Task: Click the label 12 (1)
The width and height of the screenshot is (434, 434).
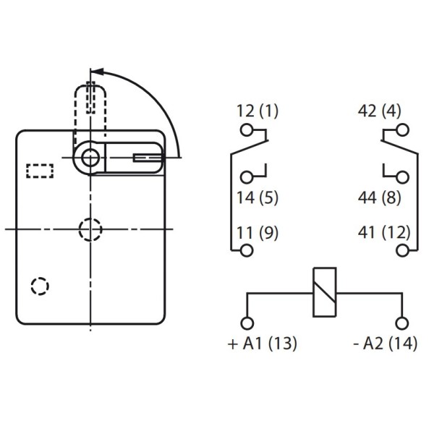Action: tap(258, 111)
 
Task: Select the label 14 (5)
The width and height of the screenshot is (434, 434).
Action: tap(258, 197)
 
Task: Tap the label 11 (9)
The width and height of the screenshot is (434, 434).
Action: tap(258, 233)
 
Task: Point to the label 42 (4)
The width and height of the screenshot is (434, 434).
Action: tap(379, 111)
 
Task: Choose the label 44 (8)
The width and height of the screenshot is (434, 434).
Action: tap(379, 197)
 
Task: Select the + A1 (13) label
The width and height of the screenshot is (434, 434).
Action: tap(263, 344)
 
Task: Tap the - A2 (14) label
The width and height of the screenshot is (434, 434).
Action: tap(386, 344)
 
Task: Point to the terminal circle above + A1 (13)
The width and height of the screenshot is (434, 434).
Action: tap(247, 323)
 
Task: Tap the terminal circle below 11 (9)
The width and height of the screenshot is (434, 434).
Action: tap(247, 250)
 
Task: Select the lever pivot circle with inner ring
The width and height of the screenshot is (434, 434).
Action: tap(90, 157)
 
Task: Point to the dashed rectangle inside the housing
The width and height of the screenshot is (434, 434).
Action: tap(40, 171)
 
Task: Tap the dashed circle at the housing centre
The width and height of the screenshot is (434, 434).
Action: tap(90, 229)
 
